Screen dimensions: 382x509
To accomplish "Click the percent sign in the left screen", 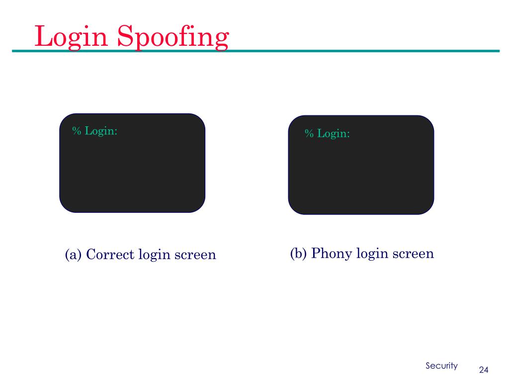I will [77, 131].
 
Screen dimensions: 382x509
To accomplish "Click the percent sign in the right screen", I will [309, 134].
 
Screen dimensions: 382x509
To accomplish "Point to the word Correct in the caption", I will [110, 255].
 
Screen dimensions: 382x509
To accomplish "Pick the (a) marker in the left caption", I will [73, 255].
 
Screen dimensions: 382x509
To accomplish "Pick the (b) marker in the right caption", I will [299, 253].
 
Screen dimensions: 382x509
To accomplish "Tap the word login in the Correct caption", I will [154, 255].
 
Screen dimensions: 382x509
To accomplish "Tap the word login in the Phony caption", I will [372, 253].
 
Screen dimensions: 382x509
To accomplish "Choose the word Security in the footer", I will [441, 366].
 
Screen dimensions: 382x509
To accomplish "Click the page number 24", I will [484, 370].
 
